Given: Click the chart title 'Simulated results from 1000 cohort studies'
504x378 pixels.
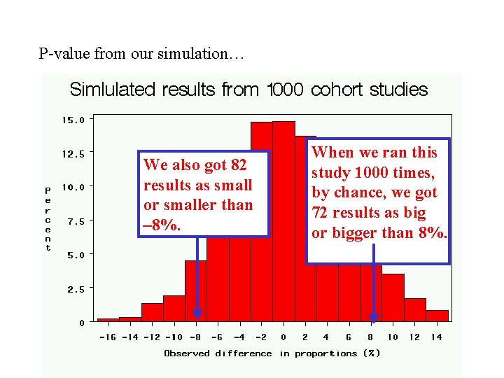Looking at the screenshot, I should [x=248, y=90].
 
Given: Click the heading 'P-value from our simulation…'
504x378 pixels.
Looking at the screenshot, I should [x=141, y=53].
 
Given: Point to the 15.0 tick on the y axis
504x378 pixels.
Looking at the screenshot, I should [x=73, y=120].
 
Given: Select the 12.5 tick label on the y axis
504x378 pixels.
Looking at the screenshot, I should [x=73, y=153].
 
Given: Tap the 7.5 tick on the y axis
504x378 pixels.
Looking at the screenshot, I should [x=75, y=221].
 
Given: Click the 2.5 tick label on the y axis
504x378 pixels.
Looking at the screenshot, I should [x=75, y=288].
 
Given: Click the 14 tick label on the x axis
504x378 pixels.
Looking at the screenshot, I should [x=436, y=337].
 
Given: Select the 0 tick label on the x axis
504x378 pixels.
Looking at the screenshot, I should [x=283, y=337].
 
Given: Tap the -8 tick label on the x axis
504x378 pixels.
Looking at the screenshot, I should [x=195, y=337].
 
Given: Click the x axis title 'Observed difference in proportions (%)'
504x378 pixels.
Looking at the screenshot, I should [x=272, y=353].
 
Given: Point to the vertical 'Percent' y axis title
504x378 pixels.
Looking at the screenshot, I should [x=48, y=218].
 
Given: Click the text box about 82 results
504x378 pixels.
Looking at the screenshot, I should [x=203, y=194].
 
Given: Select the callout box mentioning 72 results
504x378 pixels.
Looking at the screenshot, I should [x=378, y=201].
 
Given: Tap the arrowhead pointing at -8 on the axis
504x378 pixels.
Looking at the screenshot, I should [x=197, y=314].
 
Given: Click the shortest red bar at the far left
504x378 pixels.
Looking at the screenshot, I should [x=108, y=320].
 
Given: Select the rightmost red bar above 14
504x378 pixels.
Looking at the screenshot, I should [x=437, y=316].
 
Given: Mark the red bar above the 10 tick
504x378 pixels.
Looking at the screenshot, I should [x=393, y=297].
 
